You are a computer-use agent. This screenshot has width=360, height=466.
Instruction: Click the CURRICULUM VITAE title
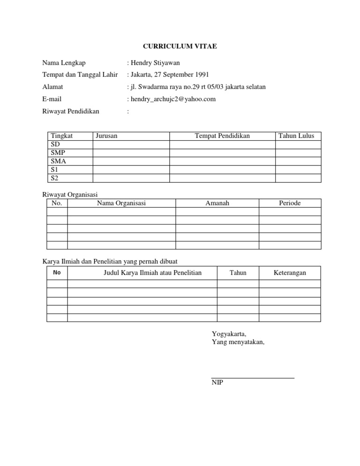click(180, 46)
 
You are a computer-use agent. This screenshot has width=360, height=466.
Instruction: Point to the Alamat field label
click(52, 87)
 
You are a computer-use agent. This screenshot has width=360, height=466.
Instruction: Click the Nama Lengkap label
click(64, 62)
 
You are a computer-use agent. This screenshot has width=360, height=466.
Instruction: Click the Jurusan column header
click(106, 136)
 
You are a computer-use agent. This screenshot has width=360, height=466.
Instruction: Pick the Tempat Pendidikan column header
click(222, 136)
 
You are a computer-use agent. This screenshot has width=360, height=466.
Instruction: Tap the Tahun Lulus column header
click(298, 136)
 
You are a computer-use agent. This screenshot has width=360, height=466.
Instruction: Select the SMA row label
click(58, 161)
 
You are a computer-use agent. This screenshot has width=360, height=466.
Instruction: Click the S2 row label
click(54, 178)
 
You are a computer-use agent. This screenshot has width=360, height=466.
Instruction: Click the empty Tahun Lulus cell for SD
click(298, 144)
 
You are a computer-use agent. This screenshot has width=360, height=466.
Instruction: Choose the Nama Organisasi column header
click(121, 203)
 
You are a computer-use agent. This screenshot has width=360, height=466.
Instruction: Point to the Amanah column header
click(217, 203)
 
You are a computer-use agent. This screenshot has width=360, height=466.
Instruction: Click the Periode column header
click(290, 203)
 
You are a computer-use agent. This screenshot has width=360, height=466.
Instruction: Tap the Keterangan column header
click(290, 272)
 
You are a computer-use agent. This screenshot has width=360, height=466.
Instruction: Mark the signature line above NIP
click(253, 377)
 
